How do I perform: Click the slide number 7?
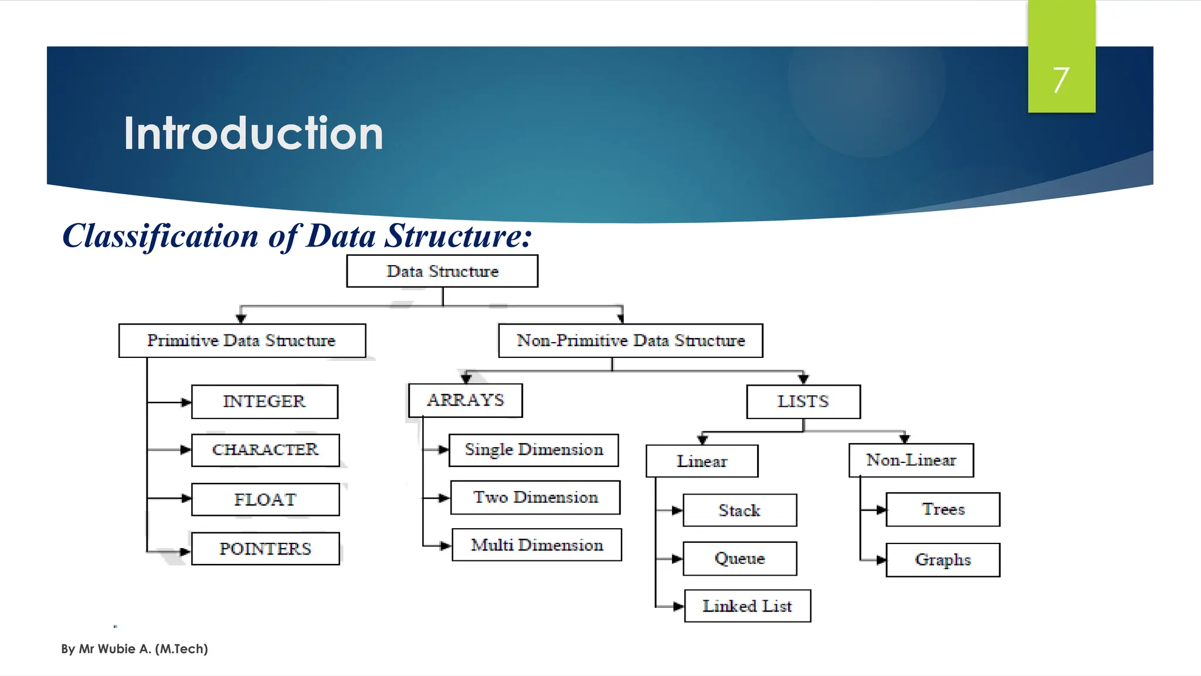coord(1060,80)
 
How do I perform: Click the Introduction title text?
coord(253,134)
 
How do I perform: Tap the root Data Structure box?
coord(442,271)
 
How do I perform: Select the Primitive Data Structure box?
coord(242,340)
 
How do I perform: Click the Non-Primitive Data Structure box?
coord(630,340)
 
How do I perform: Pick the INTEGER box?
coord(264,401)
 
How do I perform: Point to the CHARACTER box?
coord(265,450)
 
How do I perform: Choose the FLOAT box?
coord(265,499)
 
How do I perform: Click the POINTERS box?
coord(265,549)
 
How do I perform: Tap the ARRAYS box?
coord(465,400)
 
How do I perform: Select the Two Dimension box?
coord(535,498)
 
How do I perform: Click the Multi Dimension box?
coord(537,545)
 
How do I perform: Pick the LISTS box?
coord(803,401)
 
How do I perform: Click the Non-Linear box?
coord(911,460)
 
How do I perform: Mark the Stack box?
coord(739,511)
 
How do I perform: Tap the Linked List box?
coord(747,606)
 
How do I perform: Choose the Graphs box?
coord(942,560)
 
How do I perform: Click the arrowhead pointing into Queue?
coord(677,559)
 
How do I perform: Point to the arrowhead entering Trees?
coord(881,510)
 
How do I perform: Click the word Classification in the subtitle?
coord(160,236)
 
